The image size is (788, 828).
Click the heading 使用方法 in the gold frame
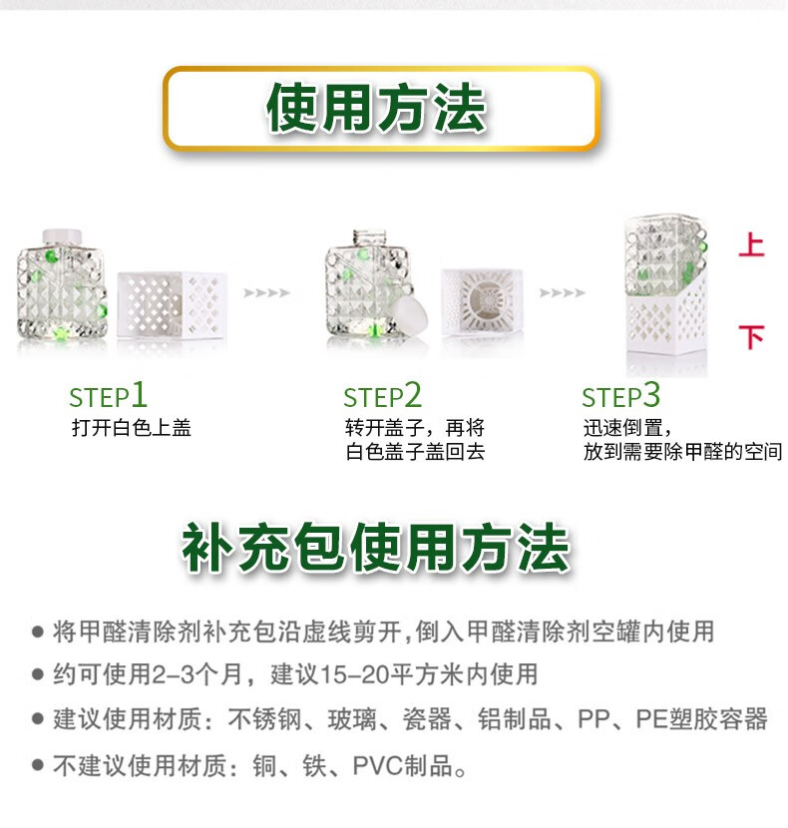point(376,108)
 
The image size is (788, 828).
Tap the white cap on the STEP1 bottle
point(63,237)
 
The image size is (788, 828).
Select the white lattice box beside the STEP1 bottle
point(173,305)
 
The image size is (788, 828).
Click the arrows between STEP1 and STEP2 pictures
point(266,292)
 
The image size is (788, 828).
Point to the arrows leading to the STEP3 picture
point(563,292)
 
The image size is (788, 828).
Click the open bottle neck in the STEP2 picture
point(370,238)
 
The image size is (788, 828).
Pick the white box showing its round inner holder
point(483,301)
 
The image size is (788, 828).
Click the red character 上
point(751,246)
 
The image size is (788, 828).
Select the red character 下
point(751,337)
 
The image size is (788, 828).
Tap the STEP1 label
point(109,395)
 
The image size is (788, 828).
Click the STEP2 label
point(382,395)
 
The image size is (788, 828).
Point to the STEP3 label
point(621,395)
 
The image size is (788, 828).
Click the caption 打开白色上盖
point(132,428)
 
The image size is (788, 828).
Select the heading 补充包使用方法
point(376,548)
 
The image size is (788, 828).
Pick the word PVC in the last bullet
point(378,765)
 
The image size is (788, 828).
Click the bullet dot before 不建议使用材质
point(38,764)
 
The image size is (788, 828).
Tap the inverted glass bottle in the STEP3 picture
point(665,257)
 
